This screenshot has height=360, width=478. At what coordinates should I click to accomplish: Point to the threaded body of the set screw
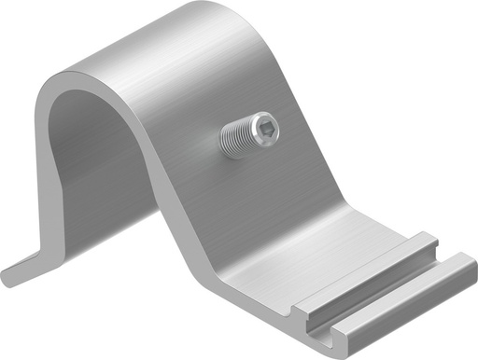tap(241, 139)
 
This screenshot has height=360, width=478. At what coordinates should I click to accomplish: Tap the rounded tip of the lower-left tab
tap(7, 276)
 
